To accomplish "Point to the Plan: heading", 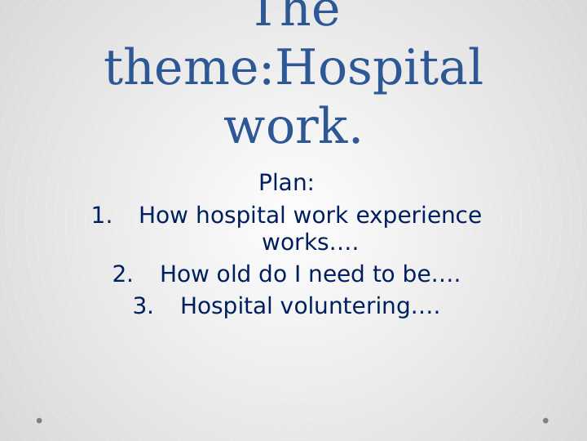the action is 286,183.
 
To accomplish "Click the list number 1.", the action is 101,216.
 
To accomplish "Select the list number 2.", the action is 122,274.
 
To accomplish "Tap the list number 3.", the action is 143,305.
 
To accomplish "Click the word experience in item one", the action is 419,216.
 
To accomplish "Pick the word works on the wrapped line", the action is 296,243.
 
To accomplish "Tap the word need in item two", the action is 337,274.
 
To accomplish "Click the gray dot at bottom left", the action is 39,421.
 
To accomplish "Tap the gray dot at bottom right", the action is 545,421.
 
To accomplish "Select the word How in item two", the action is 184,274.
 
